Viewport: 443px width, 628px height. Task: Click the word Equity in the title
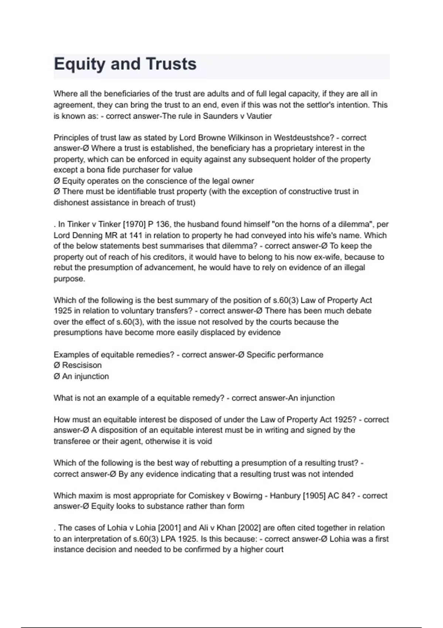79,64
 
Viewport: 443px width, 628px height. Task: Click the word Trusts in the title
171,64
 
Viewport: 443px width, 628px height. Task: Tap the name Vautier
259,116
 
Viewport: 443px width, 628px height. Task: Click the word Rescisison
82,365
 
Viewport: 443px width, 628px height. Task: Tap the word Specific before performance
261,355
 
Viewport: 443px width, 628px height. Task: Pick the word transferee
72,441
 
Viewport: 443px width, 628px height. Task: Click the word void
205,441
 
